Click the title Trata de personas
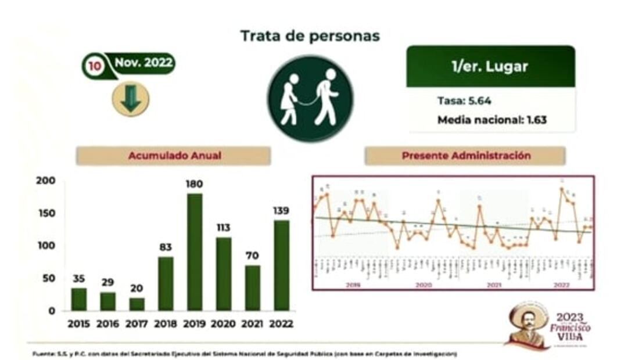[310, 36]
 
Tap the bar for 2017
[137, 304]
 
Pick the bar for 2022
[282, 265]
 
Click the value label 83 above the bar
[166, 247]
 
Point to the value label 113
[224, 228]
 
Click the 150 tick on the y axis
[47, 213]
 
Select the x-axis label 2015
[78, 324]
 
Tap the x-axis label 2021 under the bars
[253, 324]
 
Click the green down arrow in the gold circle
[131, 99]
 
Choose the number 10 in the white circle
[94, 66]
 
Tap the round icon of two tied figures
[310, 98]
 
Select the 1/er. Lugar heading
[490, 66]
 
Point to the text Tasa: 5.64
[464, 100]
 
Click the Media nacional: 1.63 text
[492, 120]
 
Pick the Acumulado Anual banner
[174, 156]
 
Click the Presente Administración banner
[465, 156]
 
